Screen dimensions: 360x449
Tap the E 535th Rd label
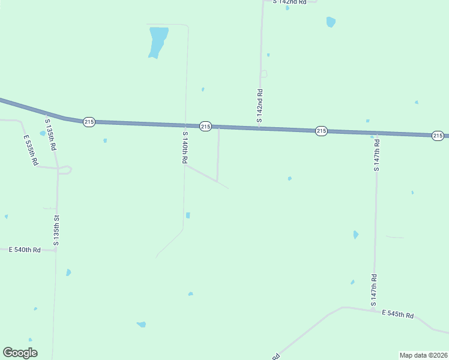(x=31, y=151)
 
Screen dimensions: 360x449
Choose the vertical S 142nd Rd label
(x=260, y=106)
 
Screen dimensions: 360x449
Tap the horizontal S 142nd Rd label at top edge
(x=289, y=2)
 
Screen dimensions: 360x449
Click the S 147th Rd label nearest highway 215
(x=376, y=154)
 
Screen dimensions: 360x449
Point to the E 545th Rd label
(x=398, y=314)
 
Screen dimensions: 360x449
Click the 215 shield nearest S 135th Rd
(x=89, y=122)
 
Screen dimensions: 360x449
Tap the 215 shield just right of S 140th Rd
(x=205, y=126)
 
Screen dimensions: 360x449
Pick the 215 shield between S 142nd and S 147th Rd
(x=321, y=131)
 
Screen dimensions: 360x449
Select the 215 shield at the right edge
(x=438, y=136)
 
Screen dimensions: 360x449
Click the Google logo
(x=20, y=353)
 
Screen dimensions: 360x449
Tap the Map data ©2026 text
(x=423, y=355)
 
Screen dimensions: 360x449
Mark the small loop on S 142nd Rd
(x=264, y=74)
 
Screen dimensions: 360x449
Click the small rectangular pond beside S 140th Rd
(x=188, y=215)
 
